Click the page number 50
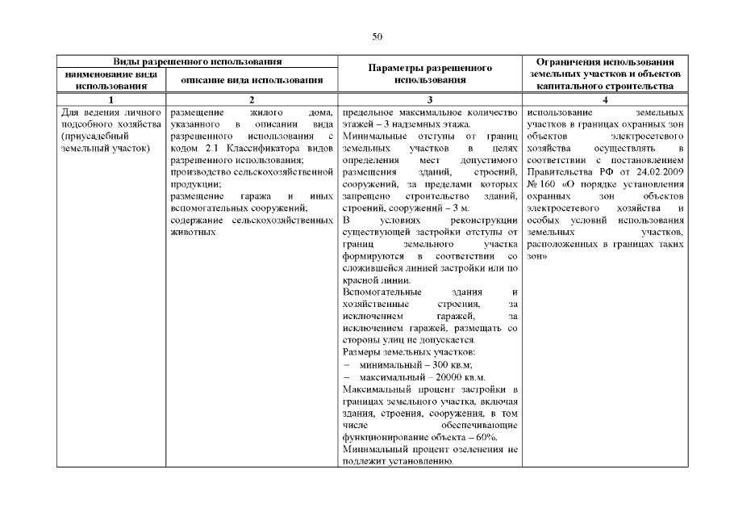(x=377, y=36)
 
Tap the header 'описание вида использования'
(x=252, y=80)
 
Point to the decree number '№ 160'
(x=539, y=184)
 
